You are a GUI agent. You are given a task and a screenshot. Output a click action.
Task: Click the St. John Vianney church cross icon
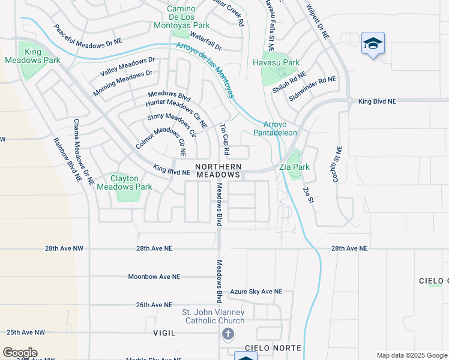(x=228, y=334)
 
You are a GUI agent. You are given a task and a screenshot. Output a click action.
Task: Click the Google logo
(x=20, y=353)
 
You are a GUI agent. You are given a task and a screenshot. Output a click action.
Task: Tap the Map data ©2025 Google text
(x=411, y=355)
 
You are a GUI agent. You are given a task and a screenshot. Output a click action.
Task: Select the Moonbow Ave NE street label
(x=154, y=277)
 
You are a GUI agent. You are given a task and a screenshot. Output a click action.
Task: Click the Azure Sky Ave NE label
(x=256, y=292)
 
